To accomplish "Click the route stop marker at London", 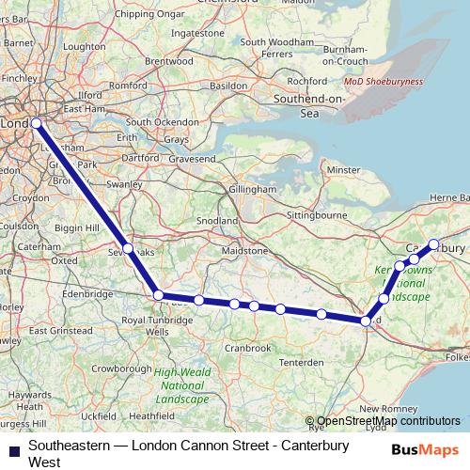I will click(36, 123).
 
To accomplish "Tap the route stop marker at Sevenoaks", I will click(129, 250).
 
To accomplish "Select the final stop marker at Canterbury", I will click(434, 244).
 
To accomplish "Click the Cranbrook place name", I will click(248, 348).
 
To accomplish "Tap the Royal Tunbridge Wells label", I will click(145, 325).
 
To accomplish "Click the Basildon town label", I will click(236, 81).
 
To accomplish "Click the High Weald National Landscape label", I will click(181, 385).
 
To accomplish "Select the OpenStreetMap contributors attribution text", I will click(388, 421).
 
